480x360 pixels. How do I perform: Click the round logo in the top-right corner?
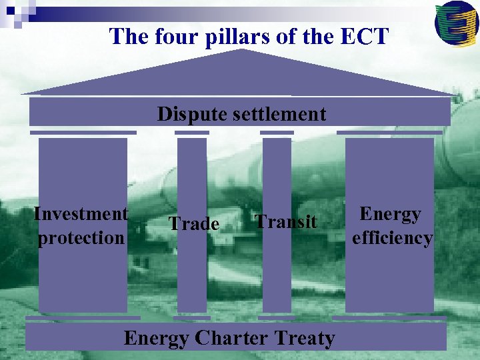point(456,23)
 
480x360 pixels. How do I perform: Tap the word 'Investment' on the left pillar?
point(81,214)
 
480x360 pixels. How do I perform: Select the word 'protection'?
point(81,237)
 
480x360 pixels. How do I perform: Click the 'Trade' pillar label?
point(193,223)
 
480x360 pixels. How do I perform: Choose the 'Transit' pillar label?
point(286,221)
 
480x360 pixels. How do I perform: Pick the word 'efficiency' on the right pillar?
point(392,237)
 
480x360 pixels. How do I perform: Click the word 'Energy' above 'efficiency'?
point(390,214)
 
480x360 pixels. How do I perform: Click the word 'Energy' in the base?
point(156,339)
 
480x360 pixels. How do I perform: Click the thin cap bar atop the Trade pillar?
point(192,133)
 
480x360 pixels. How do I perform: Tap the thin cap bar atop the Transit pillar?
point(277,133)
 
